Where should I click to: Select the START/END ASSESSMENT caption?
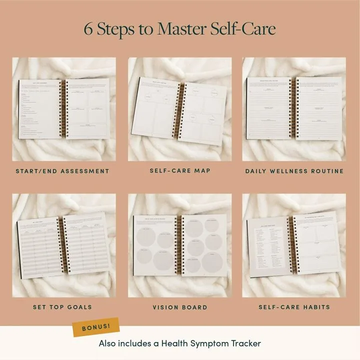tap(62, 171)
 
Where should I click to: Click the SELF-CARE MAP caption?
tap(180, 171)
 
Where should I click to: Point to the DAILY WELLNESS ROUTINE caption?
tap(294, 171)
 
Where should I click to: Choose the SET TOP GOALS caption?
tap(62, 307)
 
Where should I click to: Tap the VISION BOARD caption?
tap(180, 307)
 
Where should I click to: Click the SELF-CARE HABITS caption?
tap(294, 307)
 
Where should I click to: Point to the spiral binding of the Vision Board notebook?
tap(180, 245)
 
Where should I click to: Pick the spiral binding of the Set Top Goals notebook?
tap(63, 245)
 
